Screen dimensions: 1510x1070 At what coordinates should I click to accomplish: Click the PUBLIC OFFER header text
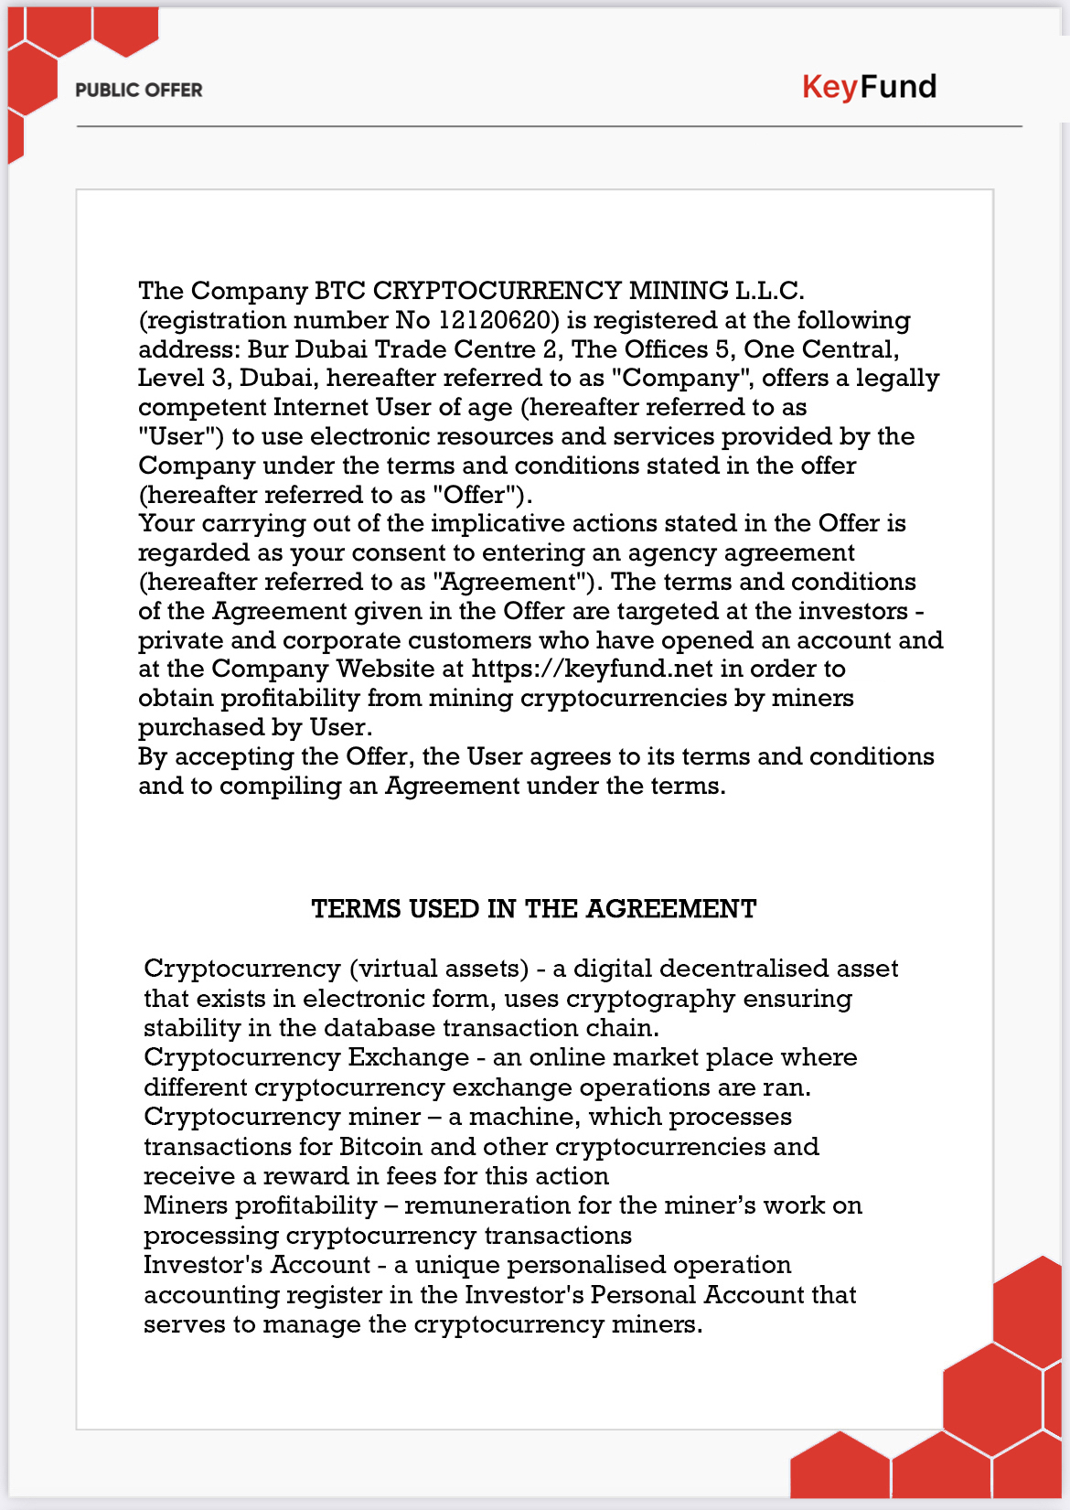pos(139,90)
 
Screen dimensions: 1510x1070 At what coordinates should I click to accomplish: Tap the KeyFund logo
pos(869,87)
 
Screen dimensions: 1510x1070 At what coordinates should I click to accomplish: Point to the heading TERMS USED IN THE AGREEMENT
pos(534,909)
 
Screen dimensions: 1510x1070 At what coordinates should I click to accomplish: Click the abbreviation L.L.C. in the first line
pos(769,291)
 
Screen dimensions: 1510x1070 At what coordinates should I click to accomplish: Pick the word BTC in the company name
pos(339,291)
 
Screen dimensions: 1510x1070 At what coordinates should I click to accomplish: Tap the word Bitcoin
pos(380,1147)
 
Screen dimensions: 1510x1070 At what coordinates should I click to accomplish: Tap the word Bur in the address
pos(267,349)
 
